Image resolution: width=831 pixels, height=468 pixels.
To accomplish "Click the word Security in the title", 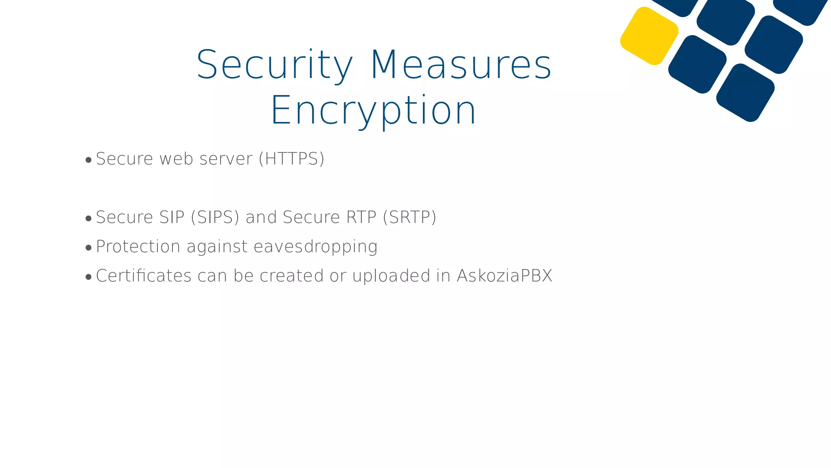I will (x=275, y=65).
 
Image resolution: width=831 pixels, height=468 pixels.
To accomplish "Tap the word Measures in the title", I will (x=461, y=65).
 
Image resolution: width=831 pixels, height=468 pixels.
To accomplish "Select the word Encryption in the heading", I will (x=373, y=110).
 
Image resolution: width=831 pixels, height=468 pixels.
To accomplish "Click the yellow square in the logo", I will (x=649, y=36).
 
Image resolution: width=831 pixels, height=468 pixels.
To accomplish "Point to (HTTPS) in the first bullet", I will (x=292, y=159).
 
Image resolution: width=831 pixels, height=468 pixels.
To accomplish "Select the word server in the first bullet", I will (x=226, y=159).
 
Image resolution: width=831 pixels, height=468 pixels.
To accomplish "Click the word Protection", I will (x=138, y=247).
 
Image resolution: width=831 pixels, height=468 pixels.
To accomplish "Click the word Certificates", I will (x=144, y=276).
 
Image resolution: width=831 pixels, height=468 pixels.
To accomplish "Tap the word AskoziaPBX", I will (x=504, y=276).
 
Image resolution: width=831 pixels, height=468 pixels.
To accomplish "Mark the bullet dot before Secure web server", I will (x=88, y=160).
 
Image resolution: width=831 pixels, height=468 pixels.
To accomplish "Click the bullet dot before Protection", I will (x=88, y=248).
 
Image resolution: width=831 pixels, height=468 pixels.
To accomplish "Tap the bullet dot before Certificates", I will (x=88, y=277).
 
